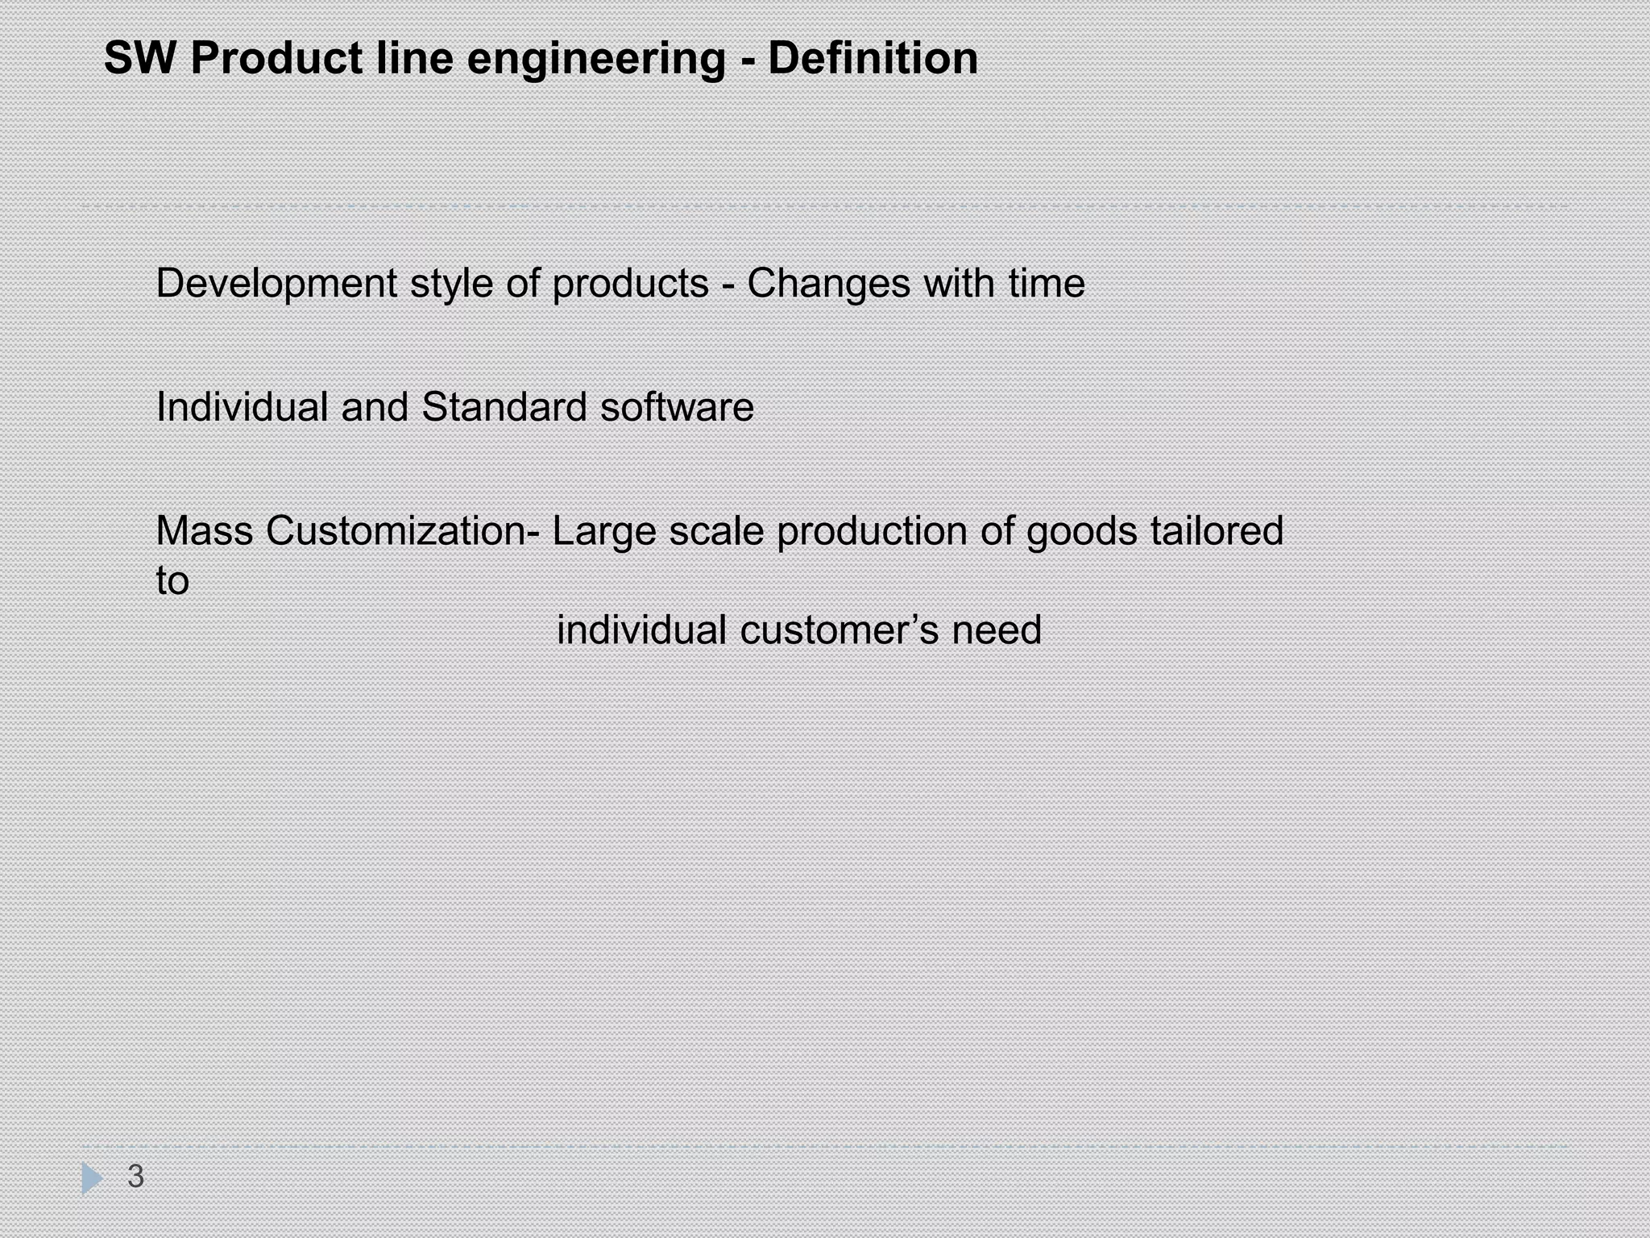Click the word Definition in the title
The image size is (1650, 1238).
[873, 58]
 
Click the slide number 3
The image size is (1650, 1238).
[135, 1176]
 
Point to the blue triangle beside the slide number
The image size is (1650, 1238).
[92, 1178]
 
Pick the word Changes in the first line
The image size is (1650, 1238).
[828, 285]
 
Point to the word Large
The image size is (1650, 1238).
[603, 532]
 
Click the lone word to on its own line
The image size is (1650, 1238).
[172, 580]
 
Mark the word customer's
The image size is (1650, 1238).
[839, 629]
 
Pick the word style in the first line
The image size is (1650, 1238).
[451, 285]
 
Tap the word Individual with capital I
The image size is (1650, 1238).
[243, 406]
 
